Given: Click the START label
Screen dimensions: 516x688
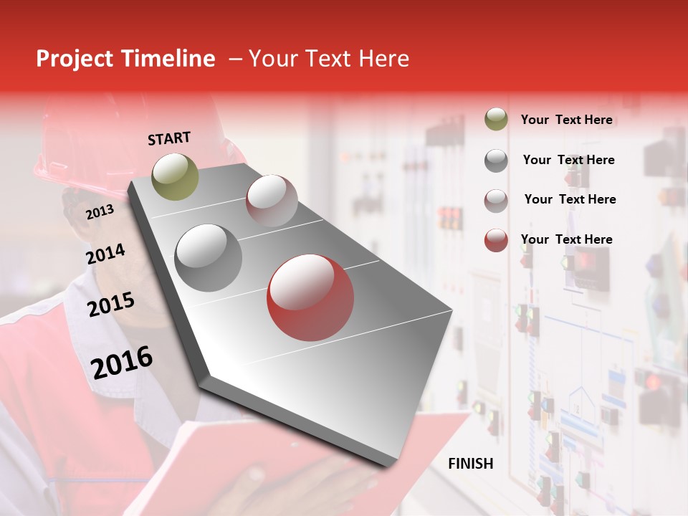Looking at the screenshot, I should pos(169,138).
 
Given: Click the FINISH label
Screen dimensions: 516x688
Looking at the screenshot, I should pos(470,464).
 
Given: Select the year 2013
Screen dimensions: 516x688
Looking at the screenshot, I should pos(100,211).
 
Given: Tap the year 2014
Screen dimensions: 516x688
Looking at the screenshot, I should pos(105,254).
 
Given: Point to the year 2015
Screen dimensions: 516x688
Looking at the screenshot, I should pos(110,305).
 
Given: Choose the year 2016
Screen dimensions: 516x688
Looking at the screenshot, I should pos(122,361).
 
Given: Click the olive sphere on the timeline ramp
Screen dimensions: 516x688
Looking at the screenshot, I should pos(175,176).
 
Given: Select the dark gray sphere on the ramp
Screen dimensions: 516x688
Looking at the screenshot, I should pos(209,258).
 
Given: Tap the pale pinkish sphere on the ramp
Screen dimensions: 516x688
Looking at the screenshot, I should pos(272,201).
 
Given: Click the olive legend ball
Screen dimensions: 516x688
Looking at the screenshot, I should pos(496,120).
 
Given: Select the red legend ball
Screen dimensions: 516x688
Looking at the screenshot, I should pos(496,240).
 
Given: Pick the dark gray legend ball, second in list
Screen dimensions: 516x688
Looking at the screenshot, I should pos(496,161).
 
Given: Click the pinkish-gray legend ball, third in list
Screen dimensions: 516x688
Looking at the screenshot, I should pos(496,201).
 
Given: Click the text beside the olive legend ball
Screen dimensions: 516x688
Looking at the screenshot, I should pos(566,120).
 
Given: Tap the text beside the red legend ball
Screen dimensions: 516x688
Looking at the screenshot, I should pos(566,239).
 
